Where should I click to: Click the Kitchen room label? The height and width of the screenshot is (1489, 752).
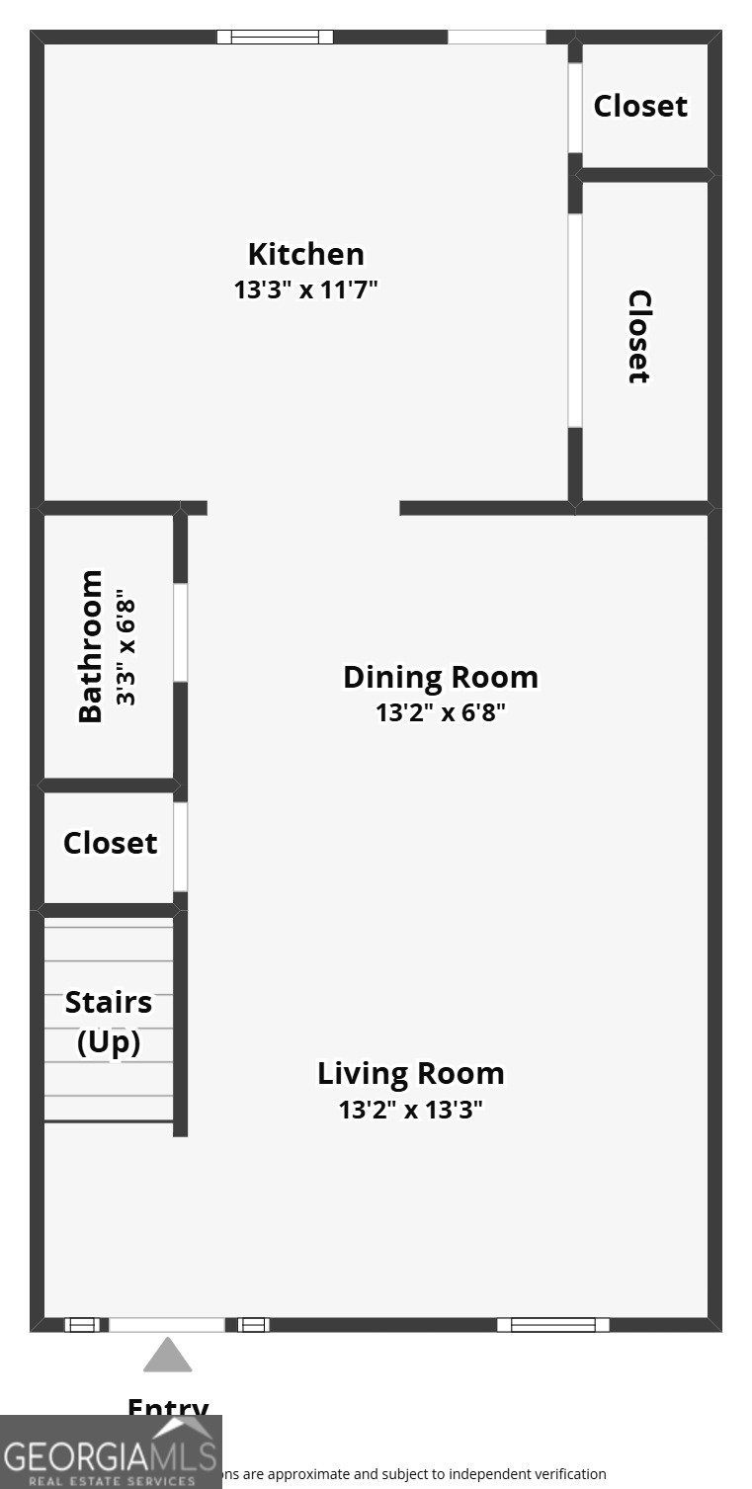(x=305, y=254)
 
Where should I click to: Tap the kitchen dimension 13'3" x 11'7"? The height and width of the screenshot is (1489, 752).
(x=305, y=290)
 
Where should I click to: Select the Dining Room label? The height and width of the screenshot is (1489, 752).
(x=440, y=677)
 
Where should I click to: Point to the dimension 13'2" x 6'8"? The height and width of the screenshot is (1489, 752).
(x=440, y=712)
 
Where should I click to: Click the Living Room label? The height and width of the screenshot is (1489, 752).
(x=410, y=1073)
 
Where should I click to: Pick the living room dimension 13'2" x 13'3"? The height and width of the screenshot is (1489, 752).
(x=410, y=1110)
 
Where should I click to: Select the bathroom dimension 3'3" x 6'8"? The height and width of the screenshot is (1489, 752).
(x=125, y=647)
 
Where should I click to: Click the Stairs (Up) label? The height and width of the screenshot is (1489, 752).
(x=109, y=1022)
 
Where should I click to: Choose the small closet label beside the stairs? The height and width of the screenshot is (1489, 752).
(x=110, y=843)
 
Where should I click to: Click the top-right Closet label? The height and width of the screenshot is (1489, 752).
(x=640, y=106)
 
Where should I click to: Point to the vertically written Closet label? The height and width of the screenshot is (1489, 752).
(x=639, y=336)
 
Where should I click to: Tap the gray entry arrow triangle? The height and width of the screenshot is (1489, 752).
(x=167, y=1356)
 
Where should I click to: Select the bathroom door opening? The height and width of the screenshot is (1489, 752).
(x=181, y=632)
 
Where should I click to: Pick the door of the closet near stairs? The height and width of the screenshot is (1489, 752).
(x=181, y=847)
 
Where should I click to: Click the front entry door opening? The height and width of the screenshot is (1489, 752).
(x=167, y=1325)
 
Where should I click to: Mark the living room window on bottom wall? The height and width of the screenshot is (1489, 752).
(x=552, y=1325)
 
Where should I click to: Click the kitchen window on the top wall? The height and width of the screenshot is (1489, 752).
(x=275, y=38)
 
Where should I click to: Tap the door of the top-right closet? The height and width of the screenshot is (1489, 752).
(x=575, y=108)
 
